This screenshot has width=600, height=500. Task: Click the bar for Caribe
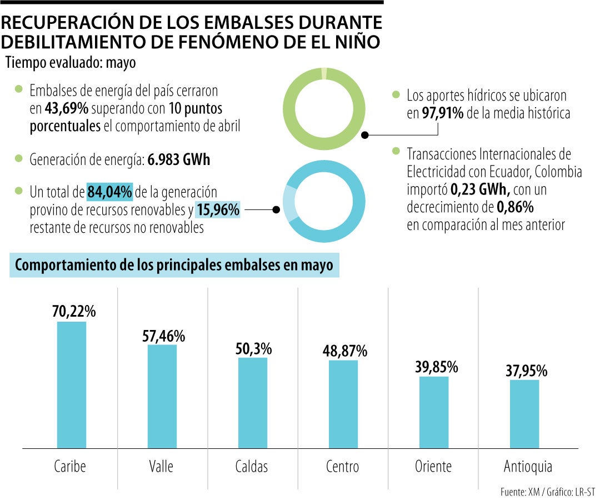click(72, 384)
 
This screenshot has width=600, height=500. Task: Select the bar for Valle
click(162, 396)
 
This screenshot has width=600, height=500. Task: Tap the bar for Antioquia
click(524, 414)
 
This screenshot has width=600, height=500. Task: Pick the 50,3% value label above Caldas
click(253, 349)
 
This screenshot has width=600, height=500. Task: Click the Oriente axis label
click(433, 466)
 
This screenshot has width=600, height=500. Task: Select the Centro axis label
click(342, 466)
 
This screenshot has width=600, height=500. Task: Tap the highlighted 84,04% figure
click(109, 192)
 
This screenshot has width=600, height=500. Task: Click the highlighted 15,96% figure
click(217, 211)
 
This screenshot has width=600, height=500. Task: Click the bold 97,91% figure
click(442, 114)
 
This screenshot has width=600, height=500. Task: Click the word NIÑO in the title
click(353, 42)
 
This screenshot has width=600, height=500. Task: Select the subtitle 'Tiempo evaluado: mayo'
click(71, 63)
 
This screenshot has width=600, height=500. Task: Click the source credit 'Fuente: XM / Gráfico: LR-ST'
click(547, 492)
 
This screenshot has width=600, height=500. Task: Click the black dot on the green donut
click(365, 134)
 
